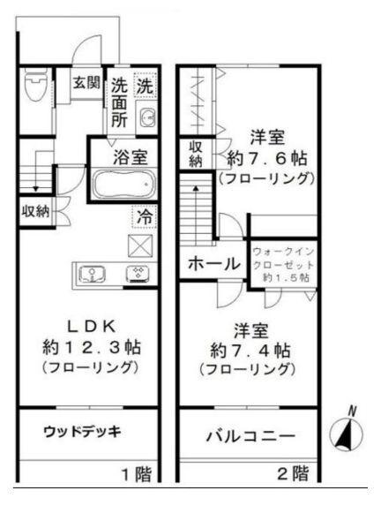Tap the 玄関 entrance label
(x=86, y=83)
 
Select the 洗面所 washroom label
(x=119, y=102)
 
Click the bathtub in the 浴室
(x=123, y=185)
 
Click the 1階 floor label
(x=137, y=474)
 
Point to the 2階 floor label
(x=294, y=474)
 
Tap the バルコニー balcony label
(x=250, y=436)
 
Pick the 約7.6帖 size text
(x=265, y=159)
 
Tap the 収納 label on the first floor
(x=36, y=211)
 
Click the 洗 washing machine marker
(x=143, y=87)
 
